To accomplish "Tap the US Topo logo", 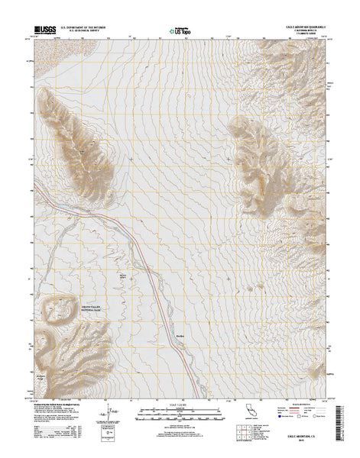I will point(180,32).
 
